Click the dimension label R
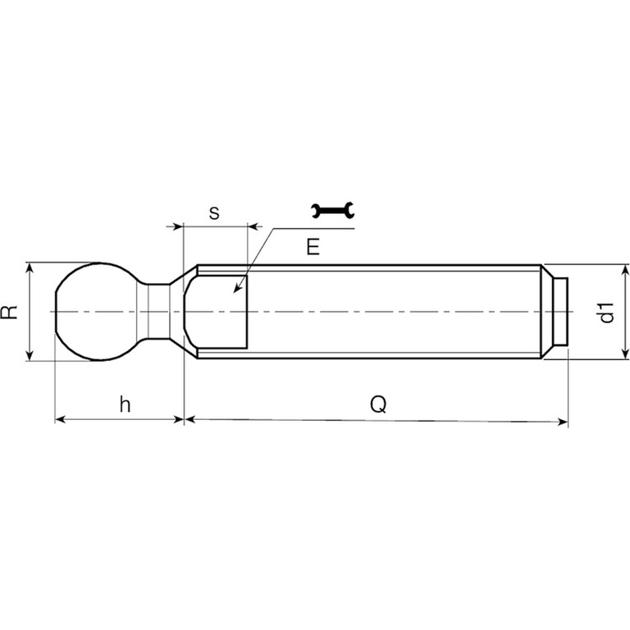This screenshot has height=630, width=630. [x=10, y=312]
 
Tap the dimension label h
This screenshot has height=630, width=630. [x=125, y=404]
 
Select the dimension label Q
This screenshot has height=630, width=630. [x=378, y=404]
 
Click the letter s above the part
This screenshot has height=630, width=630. [x=214, y=213]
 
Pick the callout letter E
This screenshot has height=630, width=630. [x=313, y=247]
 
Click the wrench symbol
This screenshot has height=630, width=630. [x=333, y=211]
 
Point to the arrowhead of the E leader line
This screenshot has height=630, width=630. [x=237, y=288]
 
